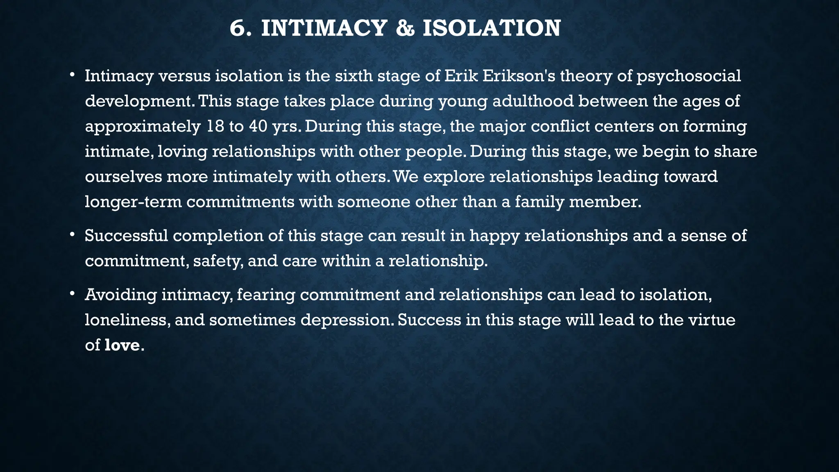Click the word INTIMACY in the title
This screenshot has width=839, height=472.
[x=324, y=29]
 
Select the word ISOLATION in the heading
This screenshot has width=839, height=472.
[x=492, y=29]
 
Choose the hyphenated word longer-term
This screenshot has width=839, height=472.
[x=133, y=202]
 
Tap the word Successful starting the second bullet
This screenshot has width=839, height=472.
[x=126, y=236]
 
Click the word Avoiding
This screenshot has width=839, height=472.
[x=120, y=295]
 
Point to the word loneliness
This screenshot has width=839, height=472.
[x=127, y=320]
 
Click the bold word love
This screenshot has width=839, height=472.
[x=122, y=345]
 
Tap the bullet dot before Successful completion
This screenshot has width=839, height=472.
[x=72, y=235]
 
